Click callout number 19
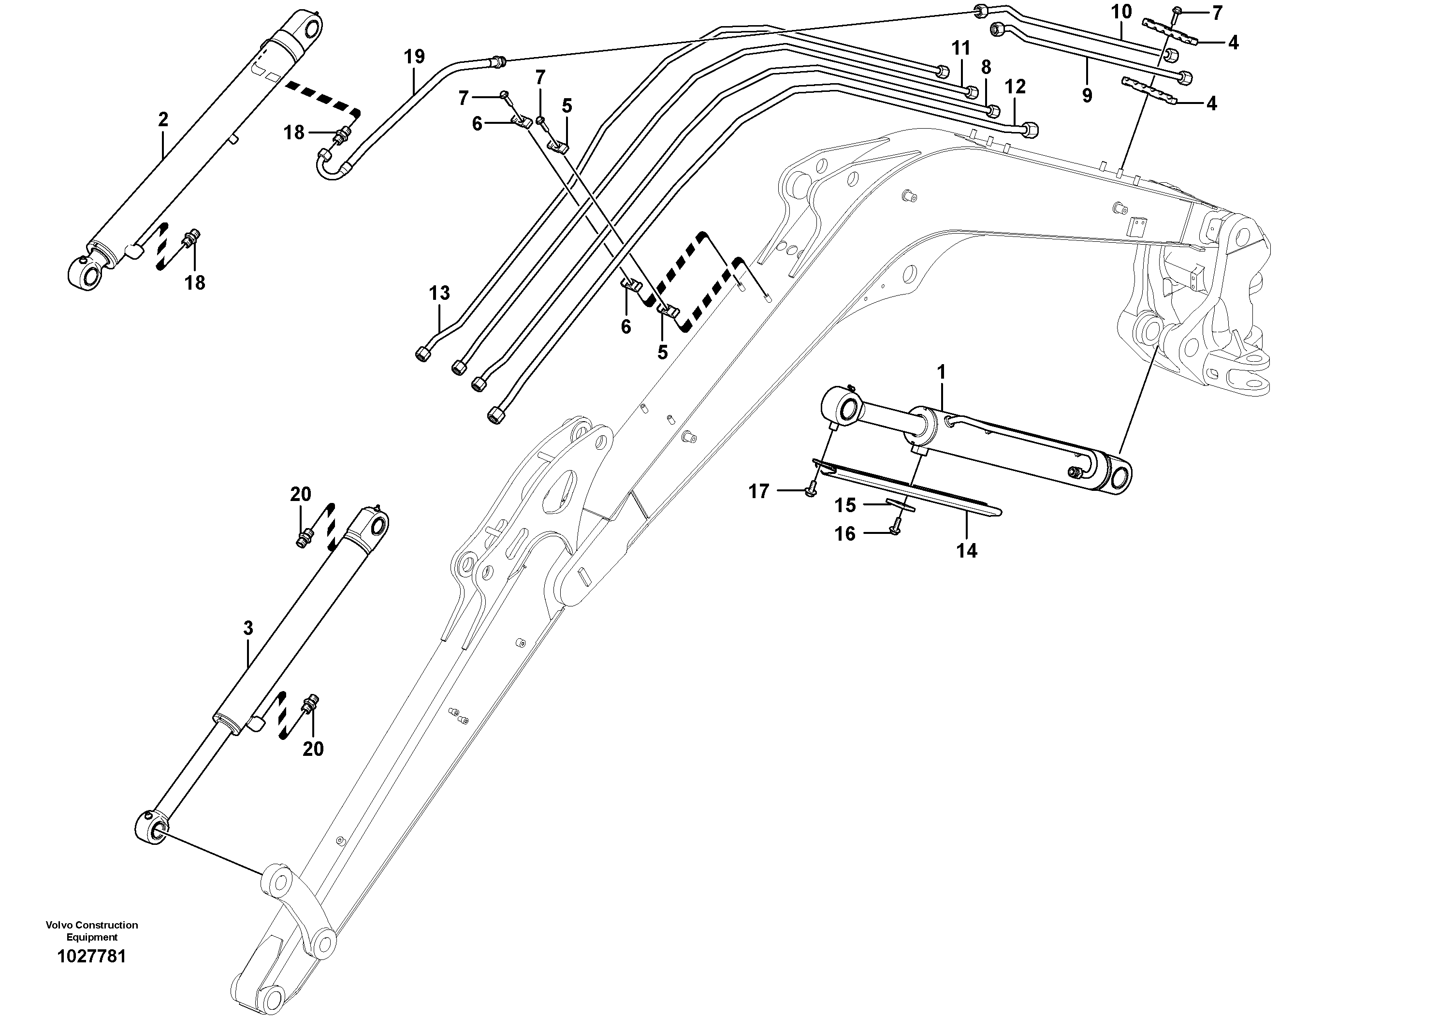(414, 57)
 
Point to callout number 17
(758, 491)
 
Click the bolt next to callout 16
(895, 529)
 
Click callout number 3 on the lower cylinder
(248, 628)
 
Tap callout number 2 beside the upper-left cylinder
(163, 119)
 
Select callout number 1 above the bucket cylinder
(941, 372)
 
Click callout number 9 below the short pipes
(1087, 95)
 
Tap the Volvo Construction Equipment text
(91, 930)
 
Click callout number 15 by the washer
(845, 505)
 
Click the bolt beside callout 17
(812, 491)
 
